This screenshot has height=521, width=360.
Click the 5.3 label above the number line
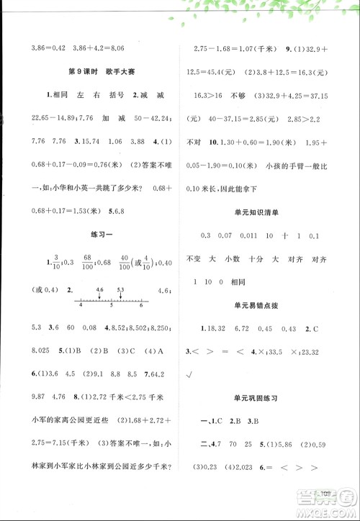(x=120, y=289)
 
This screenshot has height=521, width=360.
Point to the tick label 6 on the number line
(x=140, y=305)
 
